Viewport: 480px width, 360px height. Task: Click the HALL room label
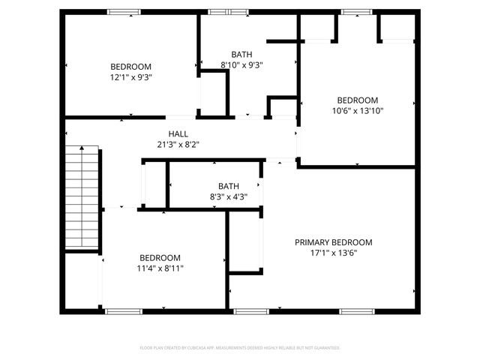(x=178, y=133)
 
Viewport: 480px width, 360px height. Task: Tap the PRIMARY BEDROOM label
(x=333, y=242)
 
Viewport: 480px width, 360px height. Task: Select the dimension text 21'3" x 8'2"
(x=178, y=144)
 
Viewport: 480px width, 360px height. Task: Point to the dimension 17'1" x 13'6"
(x=333, y=253)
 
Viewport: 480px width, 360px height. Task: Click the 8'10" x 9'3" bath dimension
(x=241, y=64)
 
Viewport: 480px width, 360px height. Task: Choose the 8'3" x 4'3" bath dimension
(x=229, y=196)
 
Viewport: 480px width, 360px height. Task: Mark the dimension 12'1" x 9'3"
(x=131, y=76)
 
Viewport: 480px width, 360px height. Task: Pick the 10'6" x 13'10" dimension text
(x=357, y=110)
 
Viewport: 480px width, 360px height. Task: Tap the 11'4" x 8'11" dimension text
(x=160, y=268)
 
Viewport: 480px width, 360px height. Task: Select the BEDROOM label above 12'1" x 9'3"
(x=131, y=66)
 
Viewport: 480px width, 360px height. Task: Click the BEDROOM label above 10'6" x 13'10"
(x=357, y=100)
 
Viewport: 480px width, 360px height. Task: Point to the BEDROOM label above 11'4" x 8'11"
(x=160, y=257)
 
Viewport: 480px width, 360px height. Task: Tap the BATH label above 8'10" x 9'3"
(x=241, y=54)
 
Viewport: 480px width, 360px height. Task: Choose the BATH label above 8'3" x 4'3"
(x=229, y=186)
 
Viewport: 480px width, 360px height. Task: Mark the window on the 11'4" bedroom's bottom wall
(x=124, y=310)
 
